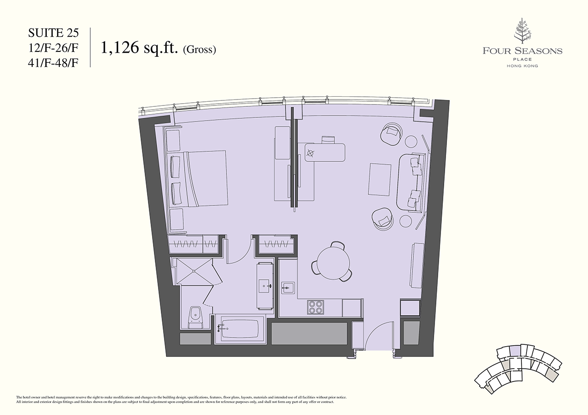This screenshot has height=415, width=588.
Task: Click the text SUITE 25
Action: [53, 33]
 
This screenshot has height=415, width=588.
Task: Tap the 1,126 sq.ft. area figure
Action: [139, 48]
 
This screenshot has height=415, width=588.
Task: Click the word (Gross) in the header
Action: [199, 50]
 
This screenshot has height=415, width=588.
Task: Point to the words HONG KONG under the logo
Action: [522, 66]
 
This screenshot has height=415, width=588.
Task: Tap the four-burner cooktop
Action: [315, 307]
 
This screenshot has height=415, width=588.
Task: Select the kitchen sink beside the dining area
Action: [288, 288]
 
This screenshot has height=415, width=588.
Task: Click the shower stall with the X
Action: [194, 271]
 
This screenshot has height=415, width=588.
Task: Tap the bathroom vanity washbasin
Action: [265, 286]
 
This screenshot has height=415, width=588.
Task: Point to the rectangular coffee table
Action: [379, 179]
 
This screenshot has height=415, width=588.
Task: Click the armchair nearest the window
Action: [391, 133]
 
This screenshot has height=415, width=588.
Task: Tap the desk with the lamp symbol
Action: [325, 152]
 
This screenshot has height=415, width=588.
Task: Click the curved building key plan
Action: [518, 372]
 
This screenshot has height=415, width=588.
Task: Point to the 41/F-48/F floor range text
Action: [53, 63]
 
